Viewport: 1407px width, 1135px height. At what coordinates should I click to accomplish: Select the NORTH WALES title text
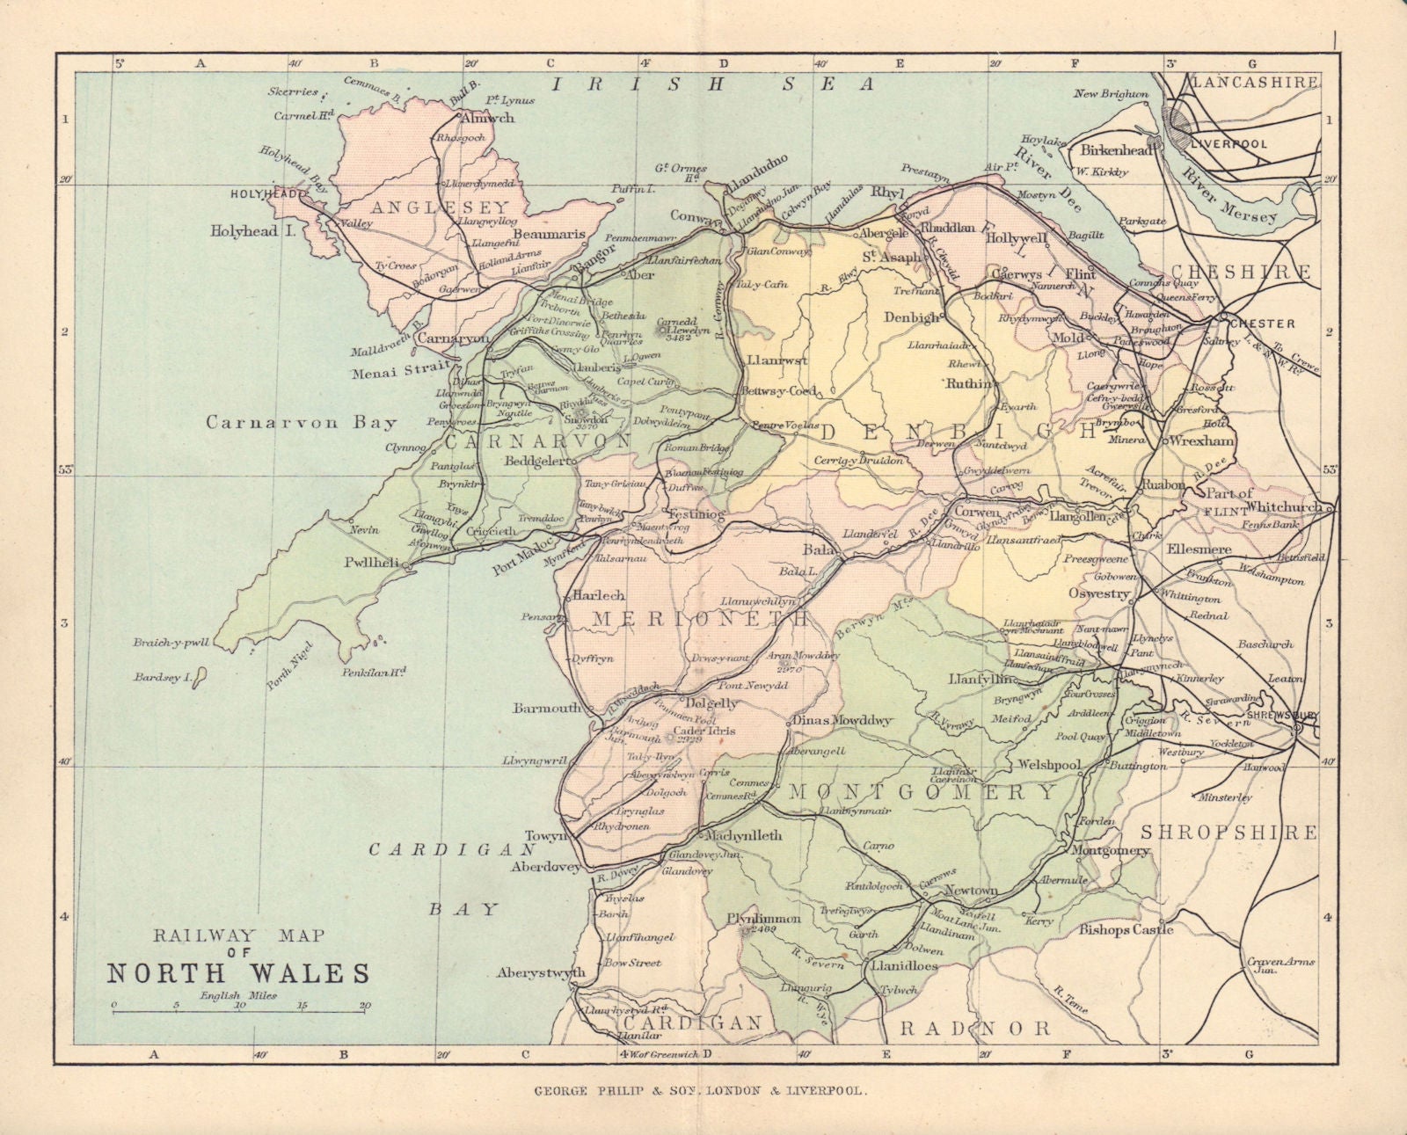tap(238, 973)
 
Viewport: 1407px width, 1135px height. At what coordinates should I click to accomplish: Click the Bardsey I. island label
tap(159, 678)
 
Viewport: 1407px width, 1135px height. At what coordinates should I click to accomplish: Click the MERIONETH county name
tap(687, 619)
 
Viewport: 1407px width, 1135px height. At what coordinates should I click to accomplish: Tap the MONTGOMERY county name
tap(922, 792)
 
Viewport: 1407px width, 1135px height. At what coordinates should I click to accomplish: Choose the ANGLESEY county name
tap(429, 208)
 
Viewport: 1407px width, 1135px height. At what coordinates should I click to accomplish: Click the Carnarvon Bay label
tap(302, 422)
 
